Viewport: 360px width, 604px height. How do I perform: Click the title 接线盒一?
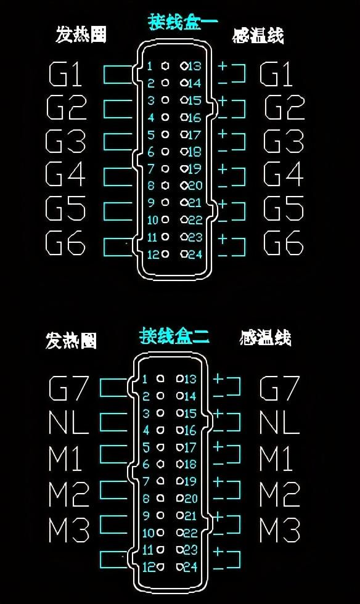coord(182,22)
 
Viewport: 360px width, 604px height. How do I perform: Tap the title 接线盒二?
coord(174,335)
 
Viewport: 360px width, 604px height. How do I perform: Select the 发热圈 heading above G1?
coord(81,35)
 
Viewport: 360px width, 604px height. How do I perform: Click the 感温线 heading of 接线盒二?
coord(265,338)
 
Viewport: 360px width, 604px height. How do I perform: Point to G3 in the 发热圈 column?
coord(65,141)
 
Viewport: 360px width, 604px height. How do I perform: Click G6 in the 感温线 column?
coord(284,243)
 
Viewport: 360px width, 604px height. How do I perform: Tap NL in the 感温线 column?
coord(279,423)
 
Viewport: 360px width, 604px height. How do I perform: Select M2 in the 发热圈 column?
coord(68,494)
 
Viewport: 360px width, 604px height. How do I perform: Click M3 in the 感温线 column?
coord(280,530)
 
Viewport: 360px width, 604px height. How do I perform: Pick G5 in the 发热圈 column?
coord(65,208)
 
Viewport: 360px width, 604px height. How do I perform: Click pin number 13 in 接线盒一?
coord(194,66)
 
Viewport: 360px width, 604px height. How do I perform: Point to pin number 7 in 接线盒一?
coord(150,169)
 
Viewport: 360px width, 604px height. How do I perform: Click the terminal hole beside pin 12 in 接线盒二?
coord(160,566)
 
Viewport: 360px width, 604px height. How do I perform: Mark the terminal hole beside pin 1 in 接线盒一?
coord(165,66)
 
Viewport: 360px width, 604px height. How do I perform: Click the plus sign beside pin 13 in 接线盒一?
coord(223,67)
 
